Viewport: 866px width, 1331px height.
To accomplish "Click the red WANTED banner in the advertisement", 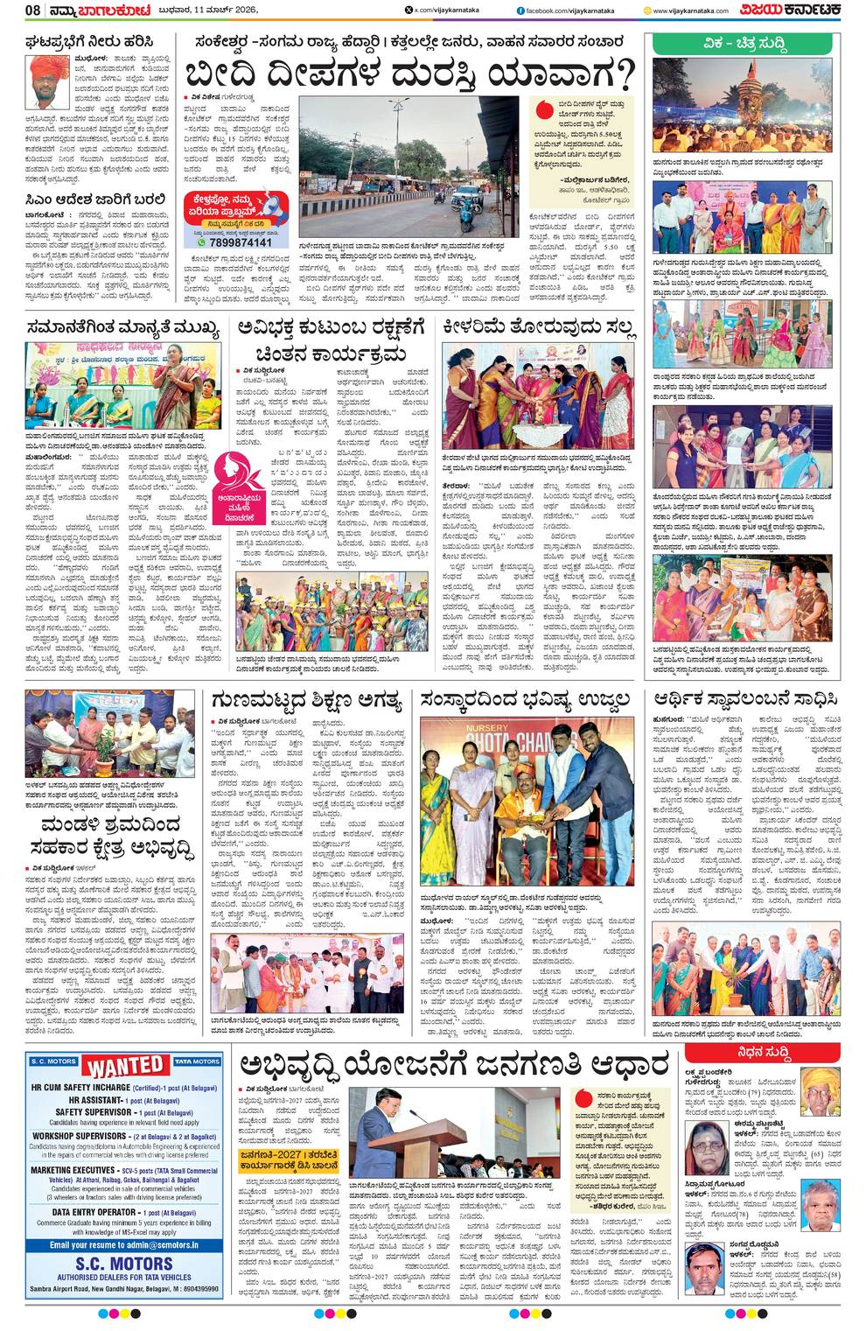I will pyautogui.click(x=126, y=1067).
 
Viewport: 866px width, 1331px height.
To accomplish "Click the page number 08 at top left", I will pyautogui.click(x=32, y=10).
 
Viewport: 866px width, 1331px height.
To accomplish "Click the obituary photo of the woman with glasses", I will pyautogui.click(x=707, y=1145).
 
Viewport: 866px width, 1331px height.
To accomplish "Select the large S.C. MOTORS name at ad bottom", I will pyautogui.click(x=123, y=1264).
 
